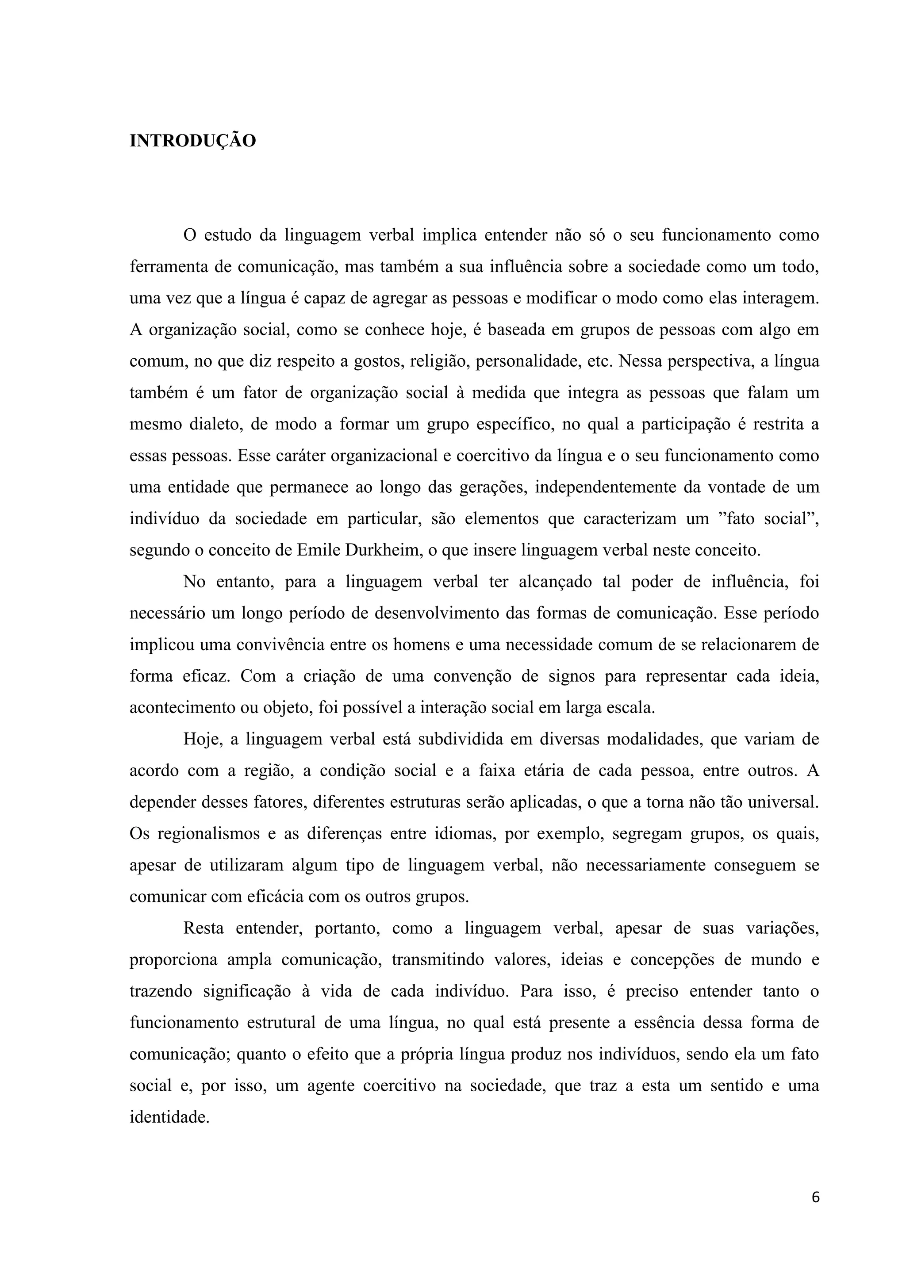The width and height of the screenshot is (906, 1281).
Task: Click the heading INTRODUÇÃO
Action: click(x=192, y=141)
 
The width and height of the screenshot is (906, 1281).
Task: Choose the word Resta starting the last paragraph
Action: click(x=203, y=928)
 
